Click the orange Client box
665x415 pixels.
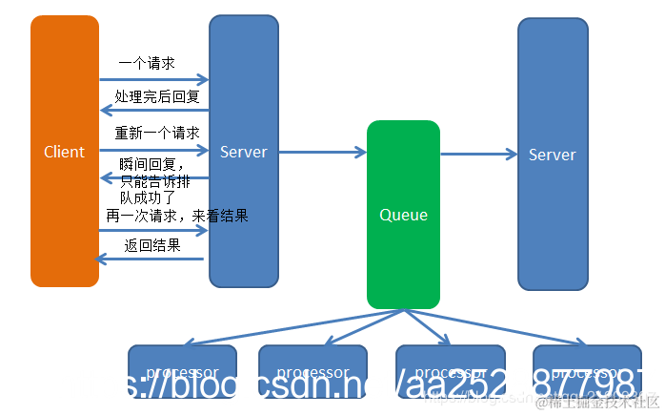65,151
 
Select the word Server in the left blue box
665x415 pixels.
244,152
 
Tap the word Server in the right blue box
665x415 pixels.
553,155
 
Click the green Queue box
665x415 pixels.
403,215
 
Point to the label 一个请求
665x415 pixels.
146,63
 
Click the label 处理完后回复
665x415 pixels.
156,96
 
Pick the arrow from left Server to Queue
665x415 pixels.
322,152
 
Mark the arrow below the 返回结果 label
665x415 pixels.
151,259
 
